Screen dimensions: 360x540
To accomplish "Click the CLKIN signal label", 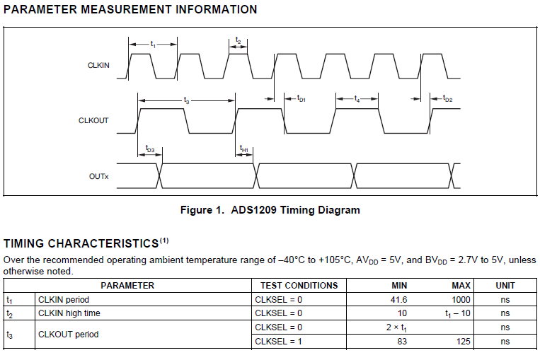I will (98, 65).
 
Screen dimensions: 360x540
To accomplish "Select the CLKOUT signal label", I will (93, 120).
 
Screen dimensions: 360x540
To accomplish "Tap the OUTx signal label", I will (99, 175).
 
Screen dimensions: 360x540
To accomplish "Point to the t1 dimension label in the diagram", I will (153, 45).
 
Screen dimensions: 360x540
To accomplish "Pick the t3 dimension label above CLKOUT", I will (186, 101).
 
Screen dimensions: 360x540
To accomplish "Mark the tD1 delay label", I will (300, 99).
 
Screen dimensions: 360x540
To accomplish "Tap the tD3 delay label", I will (150, 149).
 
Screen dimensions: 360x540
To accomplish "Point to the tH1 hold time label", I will (244, 149).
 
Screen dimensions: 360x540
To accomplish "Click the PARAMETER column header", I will (127, 286).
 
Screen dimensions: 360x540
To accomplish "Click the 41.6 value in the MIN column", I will (399, 299).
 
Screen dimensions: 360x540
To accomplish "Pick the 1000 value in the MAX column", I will (461, 299).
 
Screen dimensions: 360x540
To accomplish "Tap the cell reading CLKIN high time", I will (69, 313).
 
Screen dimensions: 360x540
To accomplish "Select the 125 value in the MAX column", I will (464, 342).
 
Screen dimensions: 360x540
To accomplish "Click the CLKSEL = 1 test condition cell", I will (278, 342).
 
